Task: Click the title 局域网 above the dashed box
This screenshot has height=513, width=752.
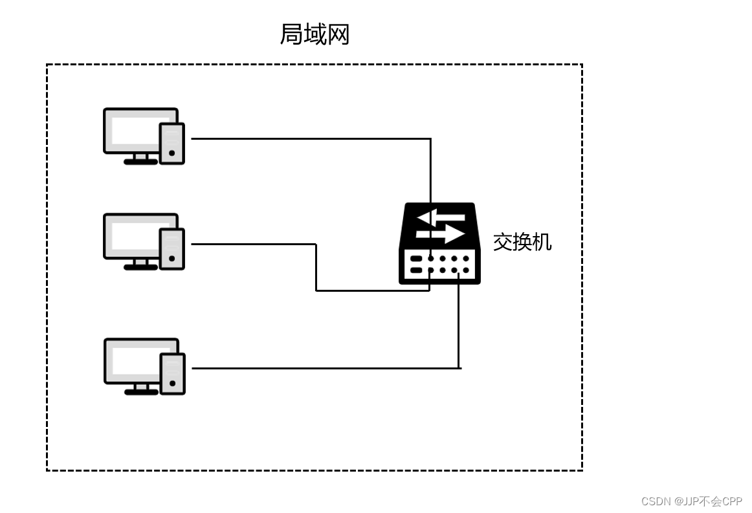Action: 315,34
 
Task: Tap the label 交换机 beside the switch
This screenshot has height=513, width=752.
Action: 522,242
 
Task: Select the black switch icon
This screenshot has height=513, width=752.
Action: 439,244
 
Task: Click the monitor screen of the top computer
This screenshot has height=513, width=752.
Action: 135,130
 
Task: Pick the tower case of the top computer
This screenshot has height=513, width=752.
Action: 172,143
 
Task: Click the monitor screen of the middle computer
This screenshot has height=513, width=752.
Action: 135,235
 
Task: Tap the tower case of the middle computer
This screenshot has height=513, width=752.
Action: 172,248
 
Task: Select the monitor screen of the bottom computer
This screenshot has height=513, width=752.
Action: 135,360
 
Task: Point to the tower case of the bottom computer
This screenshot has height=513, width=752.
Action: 173,373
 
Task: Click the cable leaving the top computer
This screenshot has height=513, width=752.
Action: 311,138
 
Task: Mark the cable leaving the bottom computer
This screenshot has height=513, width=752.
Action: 324,368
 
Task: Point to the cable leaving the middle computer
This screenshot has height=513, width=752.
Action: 252,244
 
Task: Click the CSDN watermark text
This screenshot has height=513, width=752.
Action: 691,501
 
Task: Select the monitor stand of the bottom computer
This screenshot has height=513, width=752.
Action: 141,389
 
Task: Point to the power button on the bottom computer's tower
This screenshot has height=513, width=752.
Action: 172,384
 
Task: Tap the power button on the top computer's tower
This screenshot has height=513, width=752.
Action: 171,153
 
